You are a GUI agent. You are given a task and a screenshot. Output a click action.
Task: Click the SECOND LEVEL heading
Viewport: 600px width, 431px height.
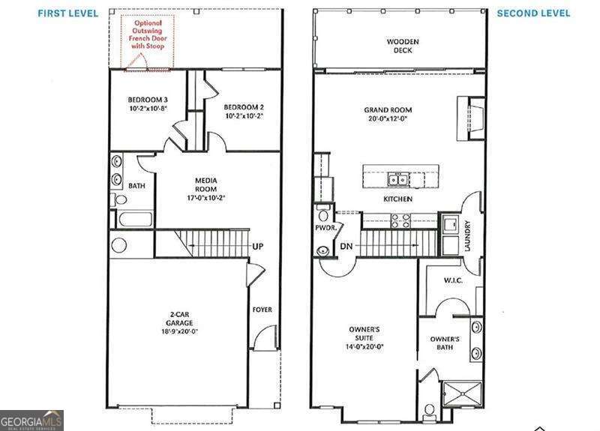[x=533, y=13]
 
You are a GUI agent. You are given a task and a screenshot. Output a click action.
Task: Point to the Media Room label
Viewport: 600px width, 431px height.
[x=206, y=184]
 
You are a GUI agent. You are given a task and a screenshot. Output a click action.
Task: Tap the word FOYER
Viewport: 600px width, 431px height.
[x=262, y=309]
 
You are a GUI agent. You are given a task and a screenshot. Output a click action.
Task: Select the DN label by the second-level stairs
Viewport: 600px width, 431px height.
[x=346, y=247]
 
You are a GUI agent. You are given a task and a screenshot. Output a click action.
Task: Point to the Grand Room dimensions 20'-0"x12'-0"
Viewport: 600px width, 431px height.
[x=387, y=118]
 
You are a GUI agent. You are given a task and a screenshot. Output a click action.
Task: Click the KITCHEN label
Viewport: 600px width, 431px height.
[x=397, y=199]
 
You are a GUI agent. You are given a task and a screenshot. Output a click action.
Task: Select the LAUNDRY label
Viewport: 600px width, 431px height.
[x=467, y=235]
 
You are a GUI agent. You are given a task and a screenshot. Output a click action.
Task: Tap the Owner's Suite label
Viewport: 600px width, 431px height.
[x=364, y=335]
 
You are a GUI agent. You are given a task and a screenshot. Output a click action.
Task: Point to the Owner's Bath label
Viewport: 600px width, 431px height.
[x=445, y=343]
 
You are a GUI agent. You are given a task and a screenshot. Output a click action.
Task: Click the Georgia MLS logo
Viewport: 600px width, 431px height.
[x=31, y=421]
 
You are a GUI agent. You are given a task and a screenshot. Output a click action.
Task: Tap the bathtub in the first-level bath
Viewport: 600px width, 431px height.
[x=133, y=220]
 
